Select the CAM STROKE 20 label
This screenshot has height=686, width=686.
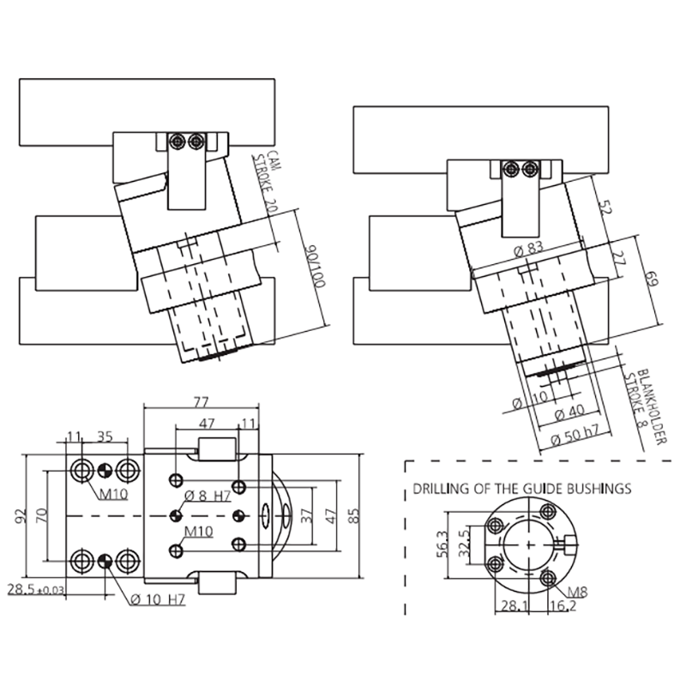[x=267, y=182]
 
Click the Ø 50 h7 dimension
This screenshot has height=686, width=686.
[x=575, y=436]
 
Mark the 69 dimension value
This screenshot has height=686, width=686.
[x=652, y=279]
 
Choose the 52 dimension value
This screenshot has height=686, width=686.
[x=605, y=207]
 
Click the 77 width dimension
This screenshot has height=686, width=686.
[x=201, y=401]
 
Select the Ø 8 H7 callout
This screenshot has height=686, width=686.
[x=208, y=496]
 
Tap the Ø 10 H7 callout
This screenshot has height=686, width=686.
[x=158, y=599]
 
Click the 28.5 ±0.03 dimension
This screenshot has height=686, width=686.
[x=36, y=589]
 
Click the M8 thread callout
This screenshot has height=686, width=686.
[x=577, y=592]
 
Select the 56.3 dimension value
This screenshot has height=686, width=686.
[x=442, y=544]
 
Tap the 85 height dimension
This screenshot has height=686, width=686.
[x=354, y=515]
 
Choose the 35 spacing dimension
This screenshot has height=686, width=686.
[x=105, y=436]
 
